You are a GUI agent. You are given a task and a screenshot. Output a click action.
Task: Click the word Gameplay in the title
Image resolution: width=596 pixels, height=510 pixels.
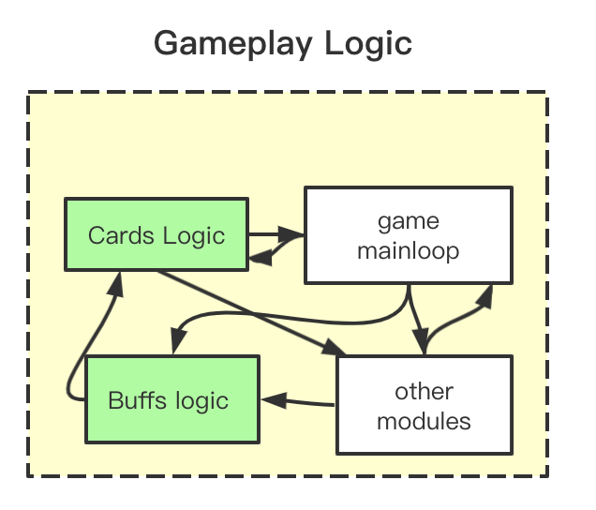pos(233,44)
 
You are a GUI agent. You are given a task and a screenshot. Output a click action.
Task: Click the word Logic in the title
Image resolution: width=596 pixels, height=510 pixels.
pos(368,44)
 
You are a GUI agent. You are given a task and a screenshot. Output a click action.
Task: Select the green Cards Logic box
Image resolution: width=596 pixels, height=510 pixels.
pos(156,234)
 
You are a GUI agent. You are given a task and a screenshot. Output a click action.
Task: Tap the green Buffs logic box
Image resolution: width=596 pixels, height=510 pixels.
pos(172,399)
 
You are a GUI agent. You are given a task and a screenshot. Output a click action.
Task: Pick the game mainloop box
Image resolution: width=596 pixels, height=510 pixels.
pos(409,235)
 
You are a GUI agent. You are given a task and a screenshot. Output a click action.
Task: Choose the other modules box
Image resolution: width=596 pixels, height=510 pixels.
pos(425,405)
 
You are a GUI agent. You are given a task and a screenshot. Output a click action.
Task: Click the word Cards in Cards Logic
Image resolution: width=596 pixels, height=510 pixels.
pos(121,235)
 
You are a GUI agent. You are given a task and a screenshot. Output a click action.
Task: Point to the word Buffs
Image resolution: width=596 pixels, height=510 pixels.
pos(138,400)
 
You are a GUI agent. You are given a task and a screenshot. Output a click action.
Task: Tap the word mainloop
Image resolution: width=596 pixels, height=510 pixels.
pos(409,251)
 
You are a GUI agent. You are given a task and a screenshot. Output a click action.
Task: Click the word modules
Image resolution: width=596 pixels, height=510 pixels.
pos(424,421)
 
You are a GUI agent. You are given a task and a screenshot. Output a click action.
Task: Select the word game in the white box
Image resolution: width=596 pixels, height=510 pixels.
pos(409,222)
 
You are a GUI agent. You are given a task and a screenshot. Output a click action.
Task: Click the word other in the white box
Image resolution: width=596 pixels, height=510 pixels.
pos(425,392)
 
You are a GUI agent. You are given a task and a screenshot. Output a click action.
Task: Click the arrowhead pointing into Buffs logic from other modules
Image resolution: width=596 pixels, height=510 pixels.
pos(274,400)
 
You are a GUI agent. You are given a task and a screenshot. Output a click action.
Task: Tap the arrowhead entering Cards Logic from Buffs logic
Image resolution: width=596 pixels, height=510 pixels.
pos(116,284)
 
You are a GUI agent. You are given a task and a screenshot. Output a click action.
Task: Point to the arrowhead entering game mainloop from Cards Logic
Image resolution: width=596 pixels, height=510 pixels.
pos(291,233)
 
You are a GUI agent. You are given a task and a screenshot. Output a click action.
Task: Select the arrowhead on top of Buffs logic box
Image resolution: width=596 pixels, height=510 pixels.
pos(178,341)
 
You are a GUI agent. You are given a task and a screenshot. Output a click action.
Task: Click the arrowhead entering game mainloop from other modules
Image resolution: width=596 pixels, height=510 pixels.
pos(485,296)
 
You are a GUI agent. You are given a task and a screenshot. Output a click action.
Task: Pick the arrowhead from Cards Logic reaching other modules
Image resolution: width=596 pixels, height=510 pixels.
pos(333,349)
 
